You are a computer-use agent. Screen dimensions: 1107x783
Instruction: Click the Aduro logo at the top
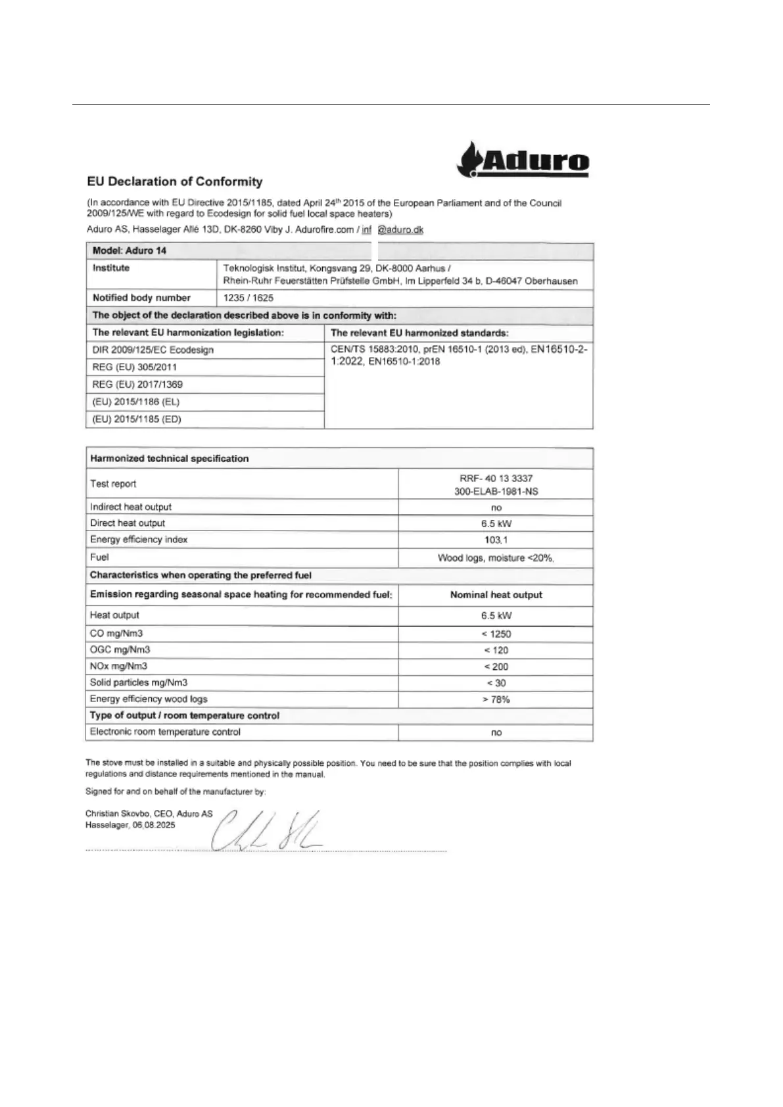(x=523, y=160)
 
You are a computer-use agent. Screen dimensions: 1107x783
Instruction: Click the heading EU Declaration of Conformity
(x=175, y=182)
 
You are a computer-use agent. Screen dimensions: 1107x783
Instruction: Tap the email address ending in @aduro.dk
(x=392, y=230)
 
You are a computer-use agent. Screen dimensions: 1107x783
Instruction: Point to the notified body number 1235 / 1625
(x=249, y=298)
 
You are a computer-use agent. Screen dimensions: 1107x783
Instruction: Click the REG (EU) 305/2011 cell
(x=135, y=367)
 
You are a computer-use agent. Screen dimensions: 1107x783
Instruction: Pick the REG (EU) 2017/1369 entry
(x=137, y=385)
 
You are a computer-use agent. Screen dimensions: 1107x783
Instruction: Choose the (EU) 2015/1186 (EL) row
(x=136, y=402)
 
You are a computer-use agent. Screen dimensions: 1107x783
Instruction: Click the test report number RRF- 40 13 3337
(x=496, y=479)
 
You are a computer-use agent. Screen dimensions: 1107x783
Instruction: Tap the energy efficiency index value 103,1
(x=496, y=540)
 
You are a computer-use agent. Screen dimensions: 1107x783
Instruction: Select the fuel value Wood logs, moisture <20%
(x=496, y=558)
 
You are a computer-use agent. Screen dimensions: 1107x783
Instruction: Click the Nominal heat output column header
(x=496, y=595)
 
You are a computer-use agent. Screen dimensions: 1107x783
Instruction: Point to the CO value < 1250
(x=496, y=634)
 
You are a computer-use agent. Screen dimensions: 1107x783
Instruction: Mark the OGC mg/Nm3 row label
(x=120, y=649)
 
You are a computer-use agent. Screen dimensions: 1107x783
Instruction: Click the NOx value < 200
(x=496, y=667)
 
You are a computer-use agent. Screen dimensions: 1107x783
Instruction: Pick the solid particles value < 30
(x=496, y=683)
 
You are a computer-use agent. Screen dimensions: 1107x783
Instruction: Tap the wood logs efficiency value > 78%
(x=496, y=699)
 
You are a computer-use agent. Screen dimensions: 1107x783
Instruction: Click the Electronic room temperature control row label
(x=165, y=732)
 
